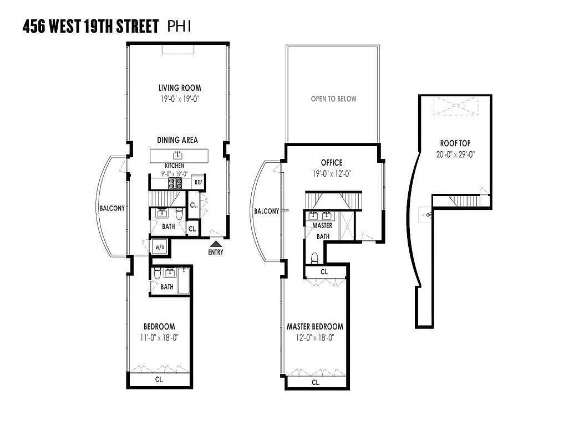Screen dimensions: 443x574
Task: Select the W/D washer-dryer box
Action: pyautogui.click(x=160, y=247)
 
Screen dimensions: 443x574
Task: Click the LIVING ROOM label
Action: pyautogui.click(x=180, y=87)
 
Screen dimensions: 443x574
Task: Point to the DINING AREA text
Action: pyautogui.click(x=177, y=140)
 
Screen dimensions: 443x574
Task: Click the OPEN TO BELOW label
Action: pyautogui.click(x=333, y=99)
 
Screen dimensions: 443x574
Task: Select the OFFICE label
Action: pyautogui.click(x=332, y=163)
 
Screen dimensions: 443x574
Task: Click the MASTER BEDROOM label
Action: pyautogui.click(x=314, y=327)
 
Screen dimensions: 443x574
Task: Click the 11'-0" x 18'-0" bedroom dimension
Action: pyautogui.click(x=159, y=337)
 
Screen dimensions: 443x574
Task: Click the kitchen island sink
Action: pyautogui.click(x=177, y=154)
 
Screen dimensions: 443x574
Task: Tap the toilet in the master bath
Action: pyautogui.click(x=314, y=257)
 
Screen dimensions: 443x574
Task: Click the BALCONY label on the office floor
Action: pyautogui.click(x=266, y=211)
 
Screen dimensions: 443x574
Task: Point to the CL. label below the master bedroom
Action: pyautogui.click(x=316, y=382)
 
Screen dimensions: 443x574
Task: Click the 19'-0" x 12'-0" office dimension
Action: pyautogui.click(x=332, y=173)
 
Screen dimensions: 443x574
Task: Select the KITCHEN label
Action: pyautogui.click(x=174, y=166)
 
